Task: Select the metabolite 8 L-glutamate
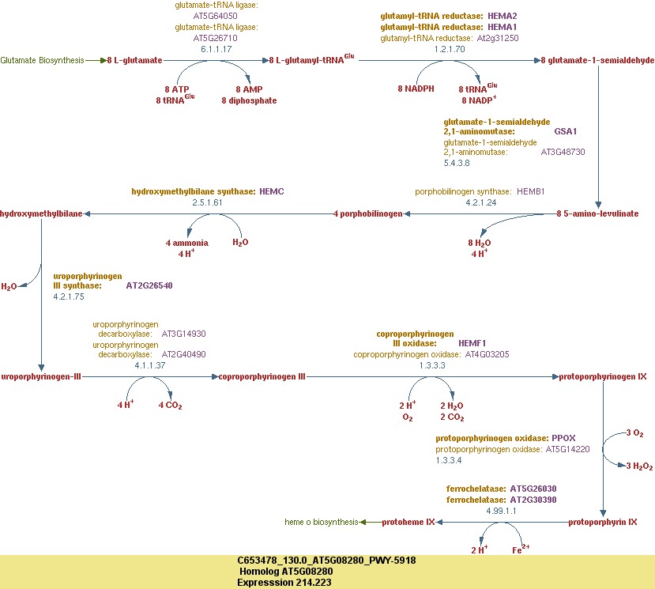click(135, 60)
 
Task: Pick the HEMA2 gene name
click(503, 16)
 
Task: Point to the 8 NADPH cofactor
click(416, 89)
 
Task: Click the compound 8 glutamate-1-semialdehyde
click(597, 60)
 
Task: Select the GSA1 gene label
click(566, 131)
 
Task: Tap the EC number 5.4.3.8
click(457, 162)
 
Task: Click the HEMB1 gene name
click(531, 191)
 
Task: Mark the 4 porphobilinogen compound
click(368, 213)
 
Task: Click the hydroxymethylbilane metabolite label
click(41, 213)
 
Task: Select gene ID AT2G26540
click(149, 285)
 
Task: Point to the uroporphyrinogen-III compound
click(41, 377)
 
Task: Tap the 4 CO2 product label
click(171, 406)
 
